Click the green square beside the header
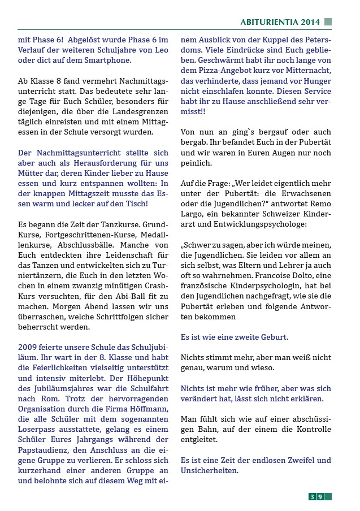coord(328,22)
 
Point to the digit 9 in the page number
coord(320,497)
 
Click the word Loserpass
coord(36,419)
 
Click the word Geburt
coord(272,337)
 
